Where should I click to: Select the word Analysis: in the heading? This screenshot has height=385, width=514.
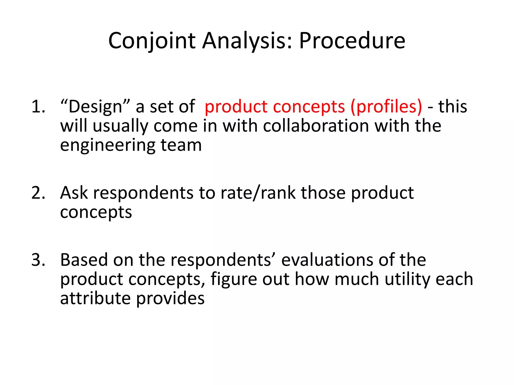point(247,41)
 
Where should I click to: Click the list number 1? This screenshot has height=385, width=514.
point(38,107)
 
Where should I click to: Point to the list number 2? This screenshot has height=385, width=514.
point(38,193)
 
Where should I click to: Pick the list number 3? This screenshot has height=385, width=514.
point(38,260)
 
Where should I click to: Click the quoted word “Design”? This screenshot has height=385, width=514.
point(95,107)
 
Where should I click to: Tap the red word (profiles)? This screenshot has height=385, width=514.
point(386,107)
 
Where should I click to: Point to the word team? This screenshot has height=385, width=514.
point(181,145)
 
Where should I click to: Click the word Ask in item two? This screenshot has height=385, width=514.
point(74,193)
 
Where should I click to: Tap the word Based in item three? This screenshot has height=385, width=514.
point(84,260)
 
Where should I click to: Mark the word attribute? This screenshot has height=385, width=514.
point(95,298)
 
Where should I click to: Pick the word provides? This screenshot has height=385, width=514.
point(170,299)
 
